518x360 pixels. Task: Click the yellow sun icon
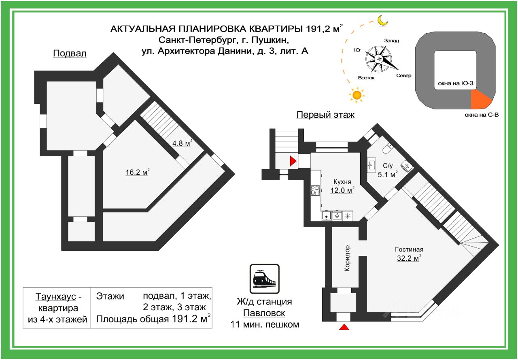[357, 95]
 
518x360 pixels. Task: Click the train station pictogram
[264, 279]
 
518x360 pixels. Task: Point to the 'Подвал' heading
[70, 54]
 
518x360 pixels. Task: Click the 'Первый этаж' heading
[325, 115]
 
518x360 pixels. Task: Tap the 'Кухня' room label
[342, 182]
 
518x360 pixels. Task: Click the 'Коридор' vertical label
[348, 259]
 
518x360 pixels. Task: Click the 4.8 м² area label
[181, 143]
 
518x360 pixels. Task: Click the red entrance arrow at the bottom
[344, 327]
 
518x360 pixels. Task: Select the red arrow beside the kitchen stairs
[293, 161]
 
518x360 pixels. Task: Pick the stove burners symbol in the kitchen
[315, 190]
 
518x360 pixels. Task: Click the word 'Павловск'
[264, 313]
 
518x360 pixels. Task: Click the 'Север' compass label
[403, 76]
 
